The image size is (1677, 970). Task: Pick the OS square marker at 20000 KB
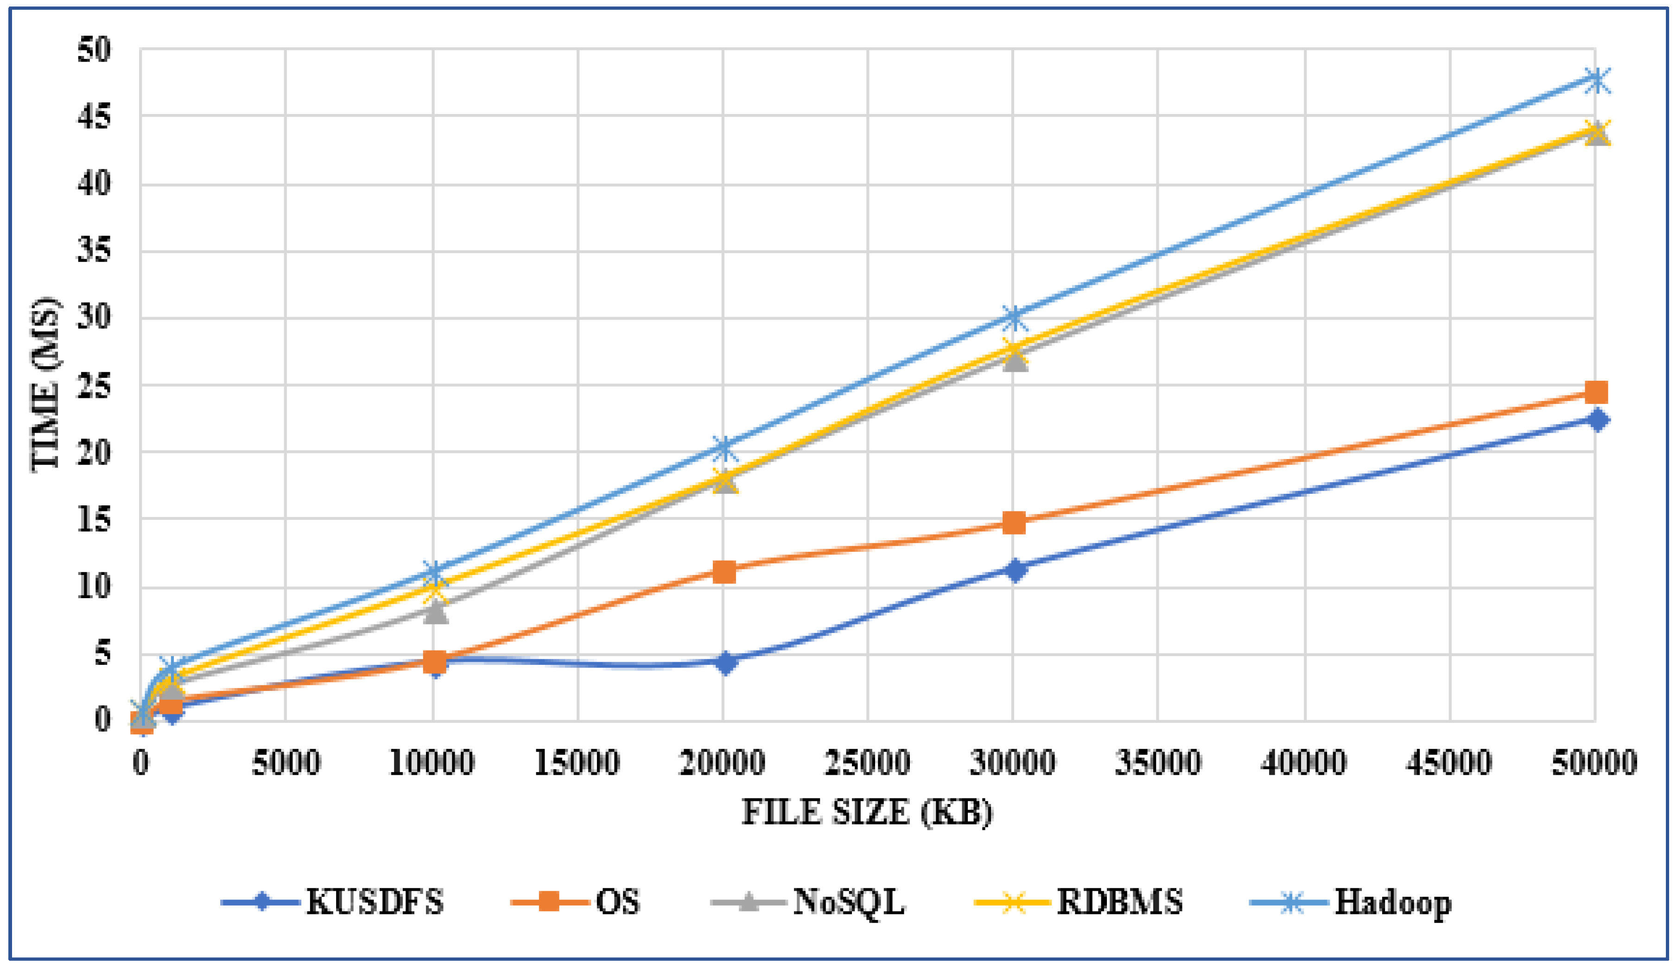click(724, 571)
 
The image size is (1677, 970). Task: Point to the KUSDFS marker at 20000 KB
click(724, 663)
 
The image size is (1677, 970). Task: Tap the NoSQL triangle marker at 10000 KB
click(435, 611)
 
